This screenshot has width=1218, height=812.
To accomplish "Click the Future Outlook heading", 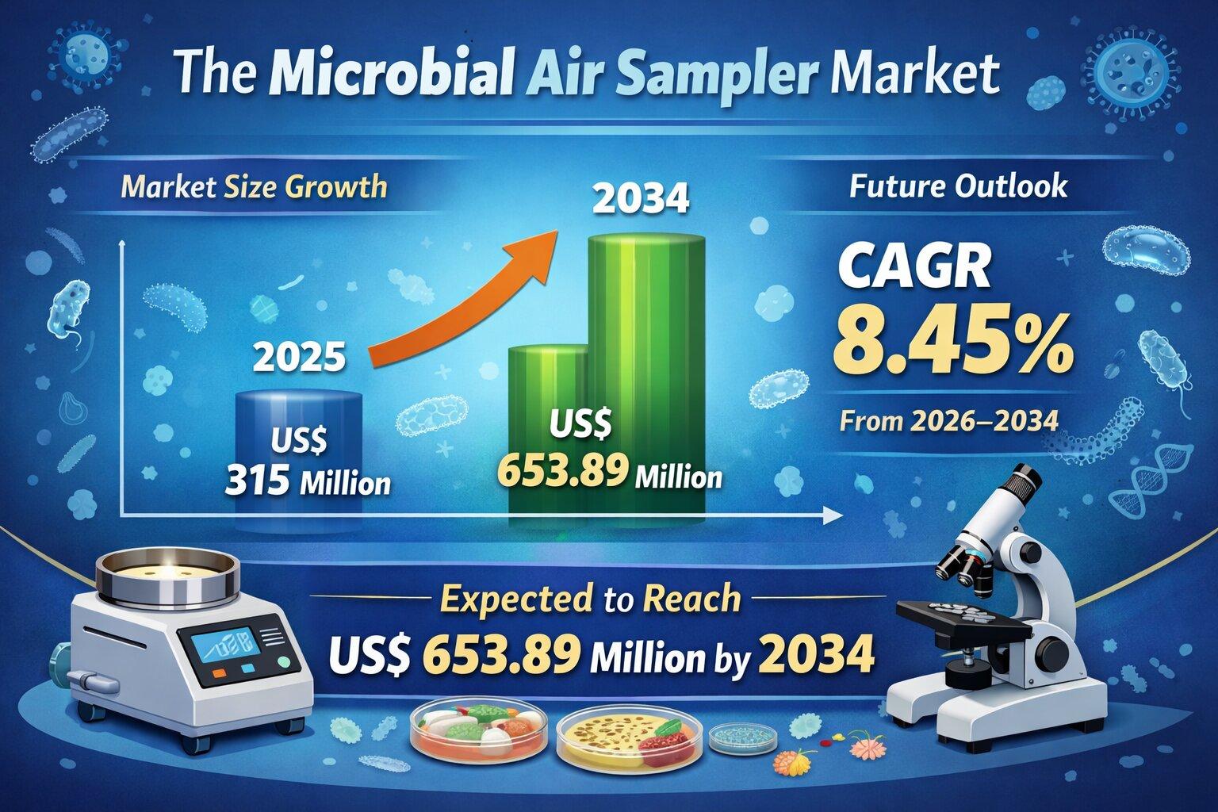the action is (958, 186).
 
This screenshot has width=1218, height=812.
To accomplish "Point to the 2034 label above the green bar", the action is (641, 199).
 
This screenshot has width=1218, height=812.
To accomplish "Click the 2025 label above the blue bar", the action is (300, 357).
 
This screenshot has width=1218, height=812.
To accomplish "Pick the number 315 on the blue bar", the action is (256, 481).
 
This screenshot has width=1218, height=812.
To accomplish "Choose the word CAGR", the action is (913, 269).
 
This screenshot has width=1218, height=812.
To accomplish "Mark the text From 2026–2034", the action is (949, 421).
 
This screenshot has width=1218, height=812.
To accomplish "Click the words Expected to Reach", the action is (590, 599).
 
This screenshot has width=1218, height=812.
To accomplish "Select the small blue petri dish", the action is (743, 737).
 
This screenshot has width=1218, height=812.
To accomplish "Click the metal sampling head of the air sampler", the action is (167, 577).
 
